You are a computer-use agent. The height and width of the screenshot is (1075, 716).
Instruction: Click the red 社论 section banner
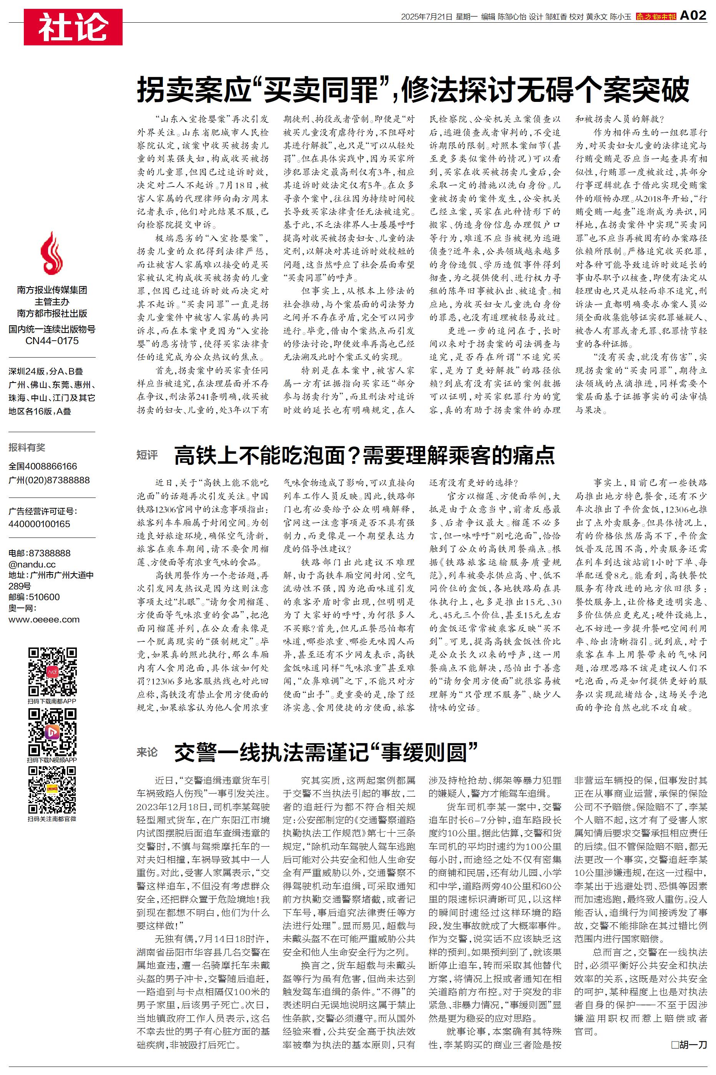pos(73,27)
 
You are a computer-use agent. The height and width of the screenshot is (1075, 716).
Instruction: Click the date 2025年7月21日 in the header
pos(426,17)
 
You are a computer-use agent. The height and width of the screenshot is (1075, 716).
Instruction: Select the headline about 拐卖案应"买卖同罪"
pos(413,90)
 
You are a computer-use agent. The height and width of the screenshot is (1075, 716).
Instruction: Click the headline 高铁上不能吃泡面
pos(364,455)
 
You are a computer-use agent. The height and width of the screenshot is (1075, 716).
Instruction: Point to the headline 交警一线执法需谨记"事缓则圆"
pos(326,752)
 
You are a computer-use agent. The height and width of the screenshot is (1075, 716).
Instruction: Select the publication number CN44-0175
pos(51,341)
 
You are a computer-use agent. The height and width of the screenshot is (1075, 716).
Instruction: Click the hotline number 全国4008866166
pos(43,466)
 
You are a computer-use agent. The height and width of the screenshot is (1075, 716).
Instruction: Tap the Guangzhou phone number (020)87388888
pos(49,480)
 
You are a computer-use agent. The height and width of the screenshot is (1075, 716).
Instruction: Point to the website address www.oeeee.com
pos(44,620)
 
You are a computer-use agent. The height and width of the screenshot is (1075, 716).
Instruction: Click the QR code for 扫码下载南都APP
pos(52,671)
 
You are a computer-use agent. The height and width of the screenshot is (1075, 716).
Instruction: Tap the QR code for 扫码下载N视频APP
pos(52,732)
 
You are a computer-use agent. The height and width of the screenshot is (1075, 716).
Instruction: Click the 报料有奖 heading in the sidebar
pos(27,448)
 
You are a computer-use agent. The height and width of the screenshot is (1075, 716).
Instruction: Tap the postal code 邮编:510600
pos(34,597)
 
